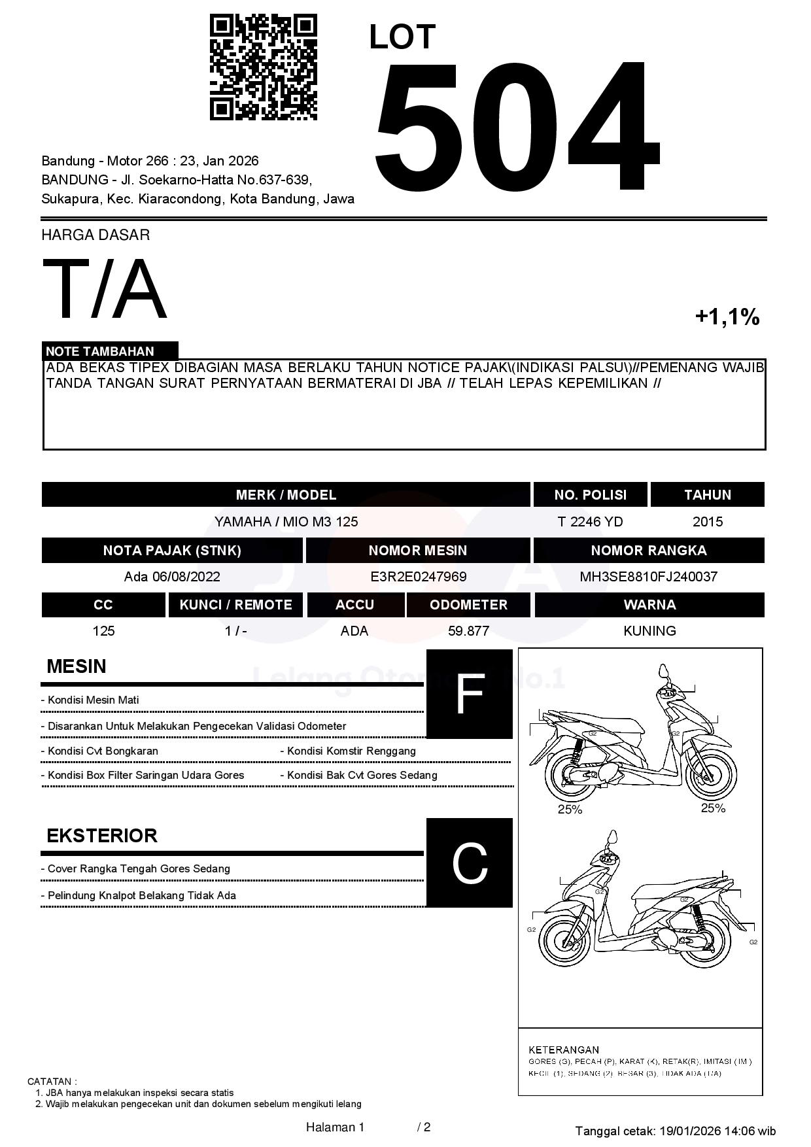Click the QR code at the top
coord(263,68)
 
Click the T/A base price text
coord(105,290)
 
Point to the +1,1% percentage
coord(727,317)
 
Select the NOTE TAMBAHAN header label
coord(100,351)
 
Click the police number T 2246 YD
coord(590,522)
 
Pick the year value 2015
coord(708,522)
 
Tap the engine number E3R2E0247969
coord(418,577)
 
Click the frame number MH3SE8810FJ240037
coord(648,577)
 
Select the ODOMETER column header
coord(468,605)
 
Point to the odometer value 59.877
coord(468,631)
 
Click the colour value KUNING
coord(649,631)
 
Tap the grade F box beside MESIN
coord(469,694)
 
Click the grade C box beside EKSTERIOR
coord(469,863)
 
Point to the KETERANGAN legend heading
coord(564,1050)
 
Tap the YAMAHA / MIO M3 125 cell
coord(286,522)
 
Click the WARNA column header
coord(649,605)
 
